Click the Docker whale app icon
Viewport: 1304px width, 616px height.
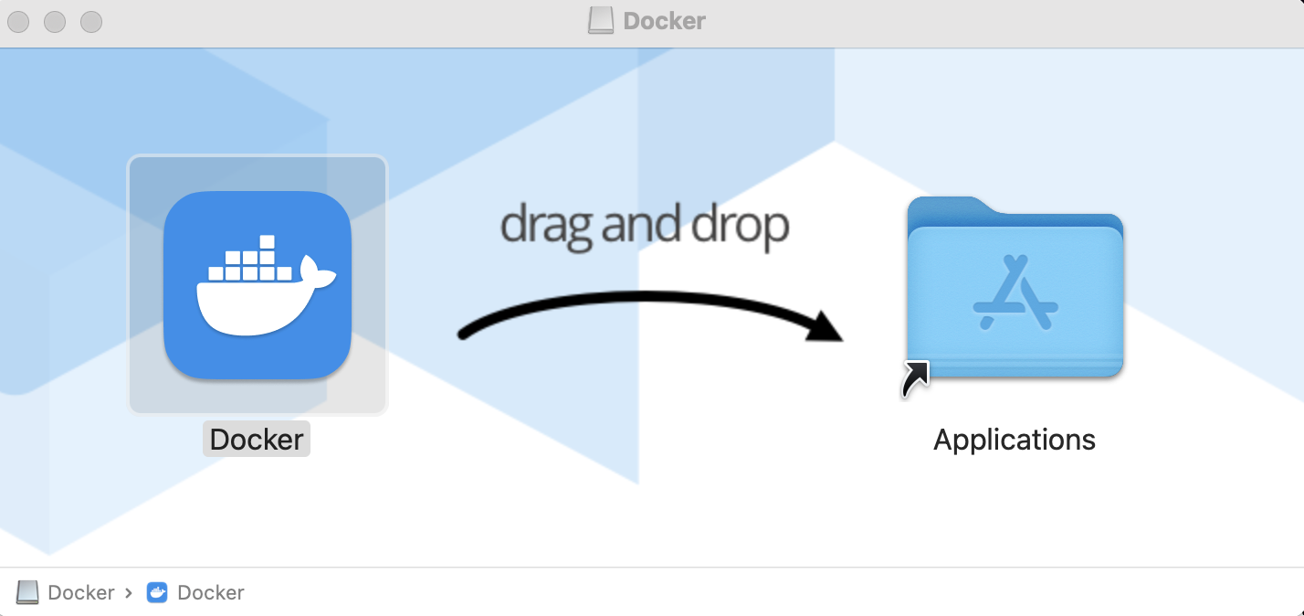(x=258, y=284)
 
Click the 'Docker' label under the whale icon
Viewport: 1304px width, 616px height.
(x=257, y=440)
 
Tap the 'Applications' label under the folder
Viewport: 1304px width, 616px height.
(x=1014, y=440)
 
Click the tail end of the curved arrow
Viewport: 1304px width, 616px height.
(x=464, y=335)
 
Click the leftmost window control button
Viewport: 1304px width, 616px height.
(x=19, y=21)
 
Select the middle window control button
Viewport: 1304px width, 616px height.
(x=55, y=21)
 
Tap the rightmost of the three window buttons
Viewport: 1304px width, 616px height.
(x=91, y=21)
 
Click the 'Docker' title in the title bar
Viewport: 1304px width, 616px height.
(x=664, y=21)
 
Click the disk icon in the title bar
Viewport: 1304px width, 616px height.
(x=600, y=21)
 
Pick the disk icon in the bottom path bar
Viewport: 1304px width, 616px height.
(x=28, y=592)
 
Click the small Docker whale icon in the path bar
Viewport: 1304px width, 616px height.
(x=157, y=592)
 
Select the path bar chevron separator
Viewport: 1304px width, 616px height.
(x=129, y=592)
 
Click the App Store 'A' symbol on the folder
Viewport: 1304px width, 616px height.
(x=1015, y=292)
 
